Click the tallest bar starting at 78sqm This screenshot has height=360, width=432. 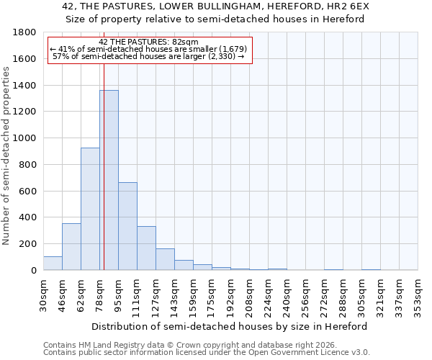tap(109, 180)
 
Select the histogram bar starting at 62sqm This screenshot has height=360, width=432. tap(90, 209)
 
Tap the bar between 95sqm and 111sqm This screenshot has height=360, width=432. tap(127, 226)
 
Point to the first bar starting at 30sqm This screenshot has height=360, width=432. tap(53, 264)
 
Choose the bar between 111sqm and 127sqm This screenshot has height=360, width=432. tap(146, 248)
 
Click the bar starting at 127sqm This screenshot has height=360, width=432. tap(165, 259)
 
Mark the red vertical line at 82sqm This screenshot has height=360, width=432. tap(104, 144)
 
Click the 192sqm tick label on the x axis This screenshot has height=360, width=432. tap(230, 294)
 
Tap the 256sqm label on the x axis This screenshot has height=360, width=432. tap(305, 294)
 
